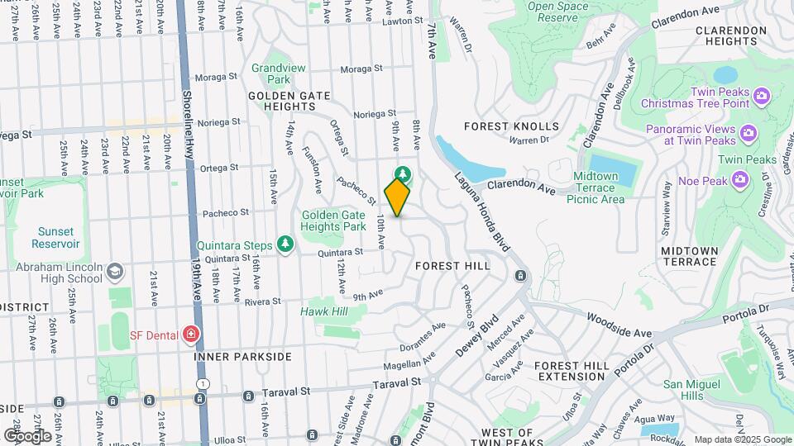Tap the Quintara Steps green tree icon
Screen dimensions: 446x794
point(285,244)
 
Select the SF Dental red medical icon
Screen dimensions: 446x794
point(192,334)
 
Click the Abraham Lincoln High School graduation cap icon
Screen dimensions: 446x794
point(114,271)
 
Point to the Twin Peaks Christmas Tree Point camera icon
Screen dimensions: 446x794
point(762,98)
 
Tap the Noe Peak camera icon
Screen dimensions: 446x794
point(740,178)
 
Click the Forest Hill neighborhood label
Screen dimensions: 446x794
point(452,266)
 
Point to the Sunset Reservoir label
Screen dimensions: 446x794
point(55,238)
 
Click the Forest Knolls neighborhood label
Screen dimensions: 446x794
point(511,126)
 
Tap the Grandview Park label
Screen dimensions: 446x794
point(271,74)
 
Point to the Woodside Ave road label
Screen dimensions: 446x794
point(619,325)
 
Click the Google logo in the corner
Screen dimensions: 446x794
point(27,435)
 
